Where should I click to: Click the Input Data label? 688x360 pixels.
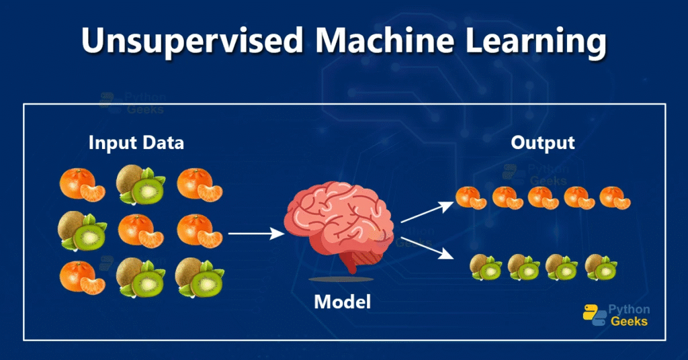pyautogui.click(x=136, y=143)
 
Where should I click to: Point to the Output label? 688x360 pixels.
pyautogui.click(x=542, y=143)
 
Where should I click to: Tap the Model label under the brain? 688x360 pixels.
pyautogui.click(x=343, y=302)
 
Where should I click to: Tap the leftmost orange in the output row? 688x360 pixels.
pyautogui.click(x=470, y=197)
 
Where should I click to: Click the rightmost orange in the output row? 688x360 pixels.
pyautogui.click(x=615, y=198)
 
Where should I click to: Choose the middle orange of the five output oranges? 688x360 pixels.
pyautogui.click(x=542, y=197)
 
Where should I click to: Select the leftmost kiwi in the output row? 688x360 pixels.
pyautogui.click(x=484, y=267)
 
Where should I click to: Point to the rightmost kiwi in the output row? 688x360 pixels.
pyautogui.click(x=601, y=267)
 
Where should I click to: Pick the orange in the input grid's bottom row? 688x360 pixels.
pyautogui.click(x=82, y=276)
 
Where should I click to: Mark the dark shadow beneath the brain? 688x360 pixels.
pyautogui.click(x=343, y=279)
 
